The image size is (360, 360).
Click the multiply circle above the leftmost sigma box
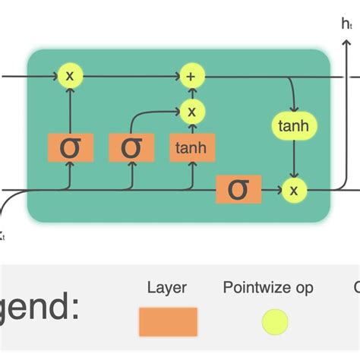click(x=70, y=76)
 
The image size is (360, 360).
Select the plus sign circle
click(x=191, y=76)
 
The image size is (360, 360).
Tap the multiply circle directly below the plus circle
click(x=191, y=112)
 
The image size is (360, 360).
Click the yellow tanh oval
click(x=292, y=126)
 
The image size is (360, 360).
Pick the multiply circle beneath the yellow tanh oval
click(x=292, y=189)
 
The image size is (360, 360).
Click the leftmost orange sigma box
click(x=70, y=147)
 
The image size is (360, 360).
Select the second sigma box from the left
click(x=131, y=147)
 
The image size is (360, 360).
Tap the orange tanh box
click(x=191, y=147)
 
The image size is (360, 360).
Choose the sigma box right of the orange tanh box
click(x=238, y=189)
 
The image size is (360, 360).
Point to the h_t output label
click(x=347, y=24)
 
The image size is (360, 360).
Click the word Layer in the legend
click(x=167, y=288)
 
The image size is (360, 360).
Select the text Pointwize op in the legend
click(x=268, y=288)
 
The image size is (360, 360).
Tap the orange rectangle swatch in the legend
click(x=168, y=321)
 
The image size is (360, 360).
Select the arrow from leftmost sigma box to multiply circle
click(x=70, y=110)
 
